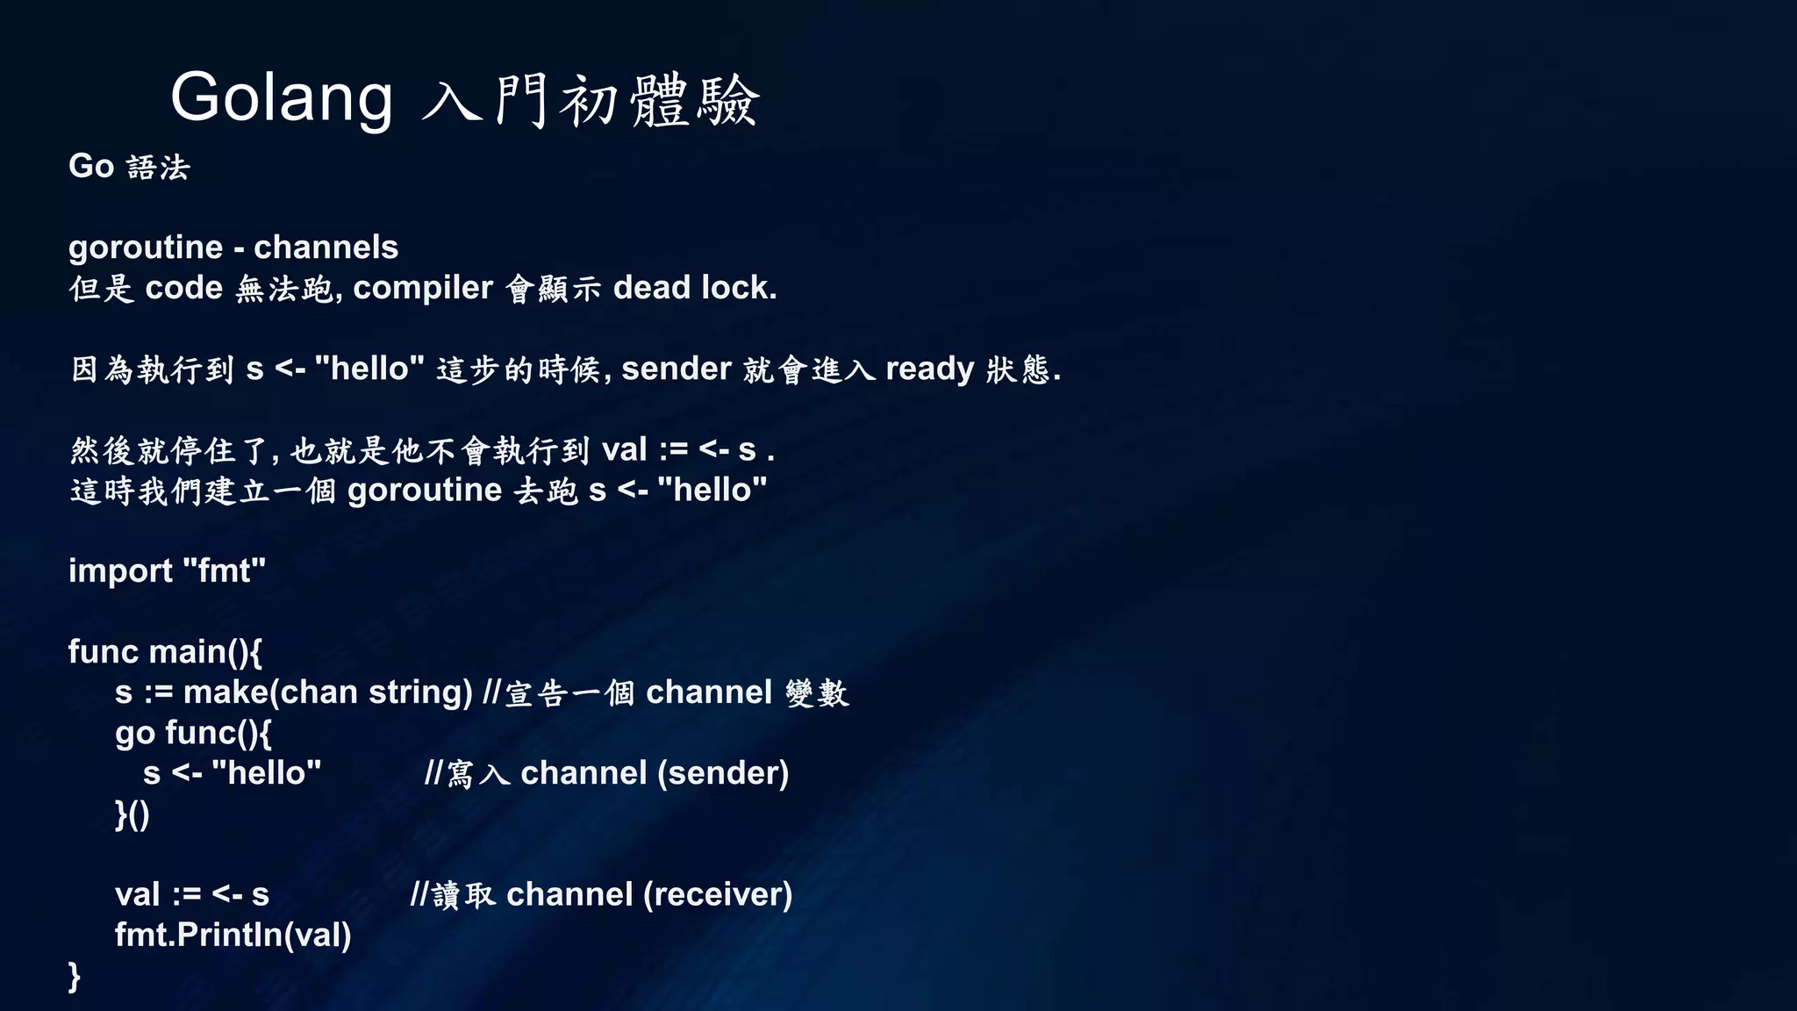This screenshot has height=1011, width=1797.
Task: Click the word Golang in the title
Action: click(x=282, y=98)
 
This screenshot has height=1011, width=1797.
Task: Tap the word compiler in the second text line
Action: click(x=423, y=288)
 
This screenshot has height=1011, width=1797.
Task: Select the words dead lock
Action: click(x=695, y=288)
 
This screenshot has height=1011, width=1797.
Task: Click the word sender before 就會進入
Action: click(x=677, y=369)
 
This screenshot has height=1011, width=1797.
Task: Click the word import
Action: click(x=120, y=570)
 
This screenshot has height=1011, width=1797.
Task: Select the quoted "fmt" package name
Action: click(x=224, y=570)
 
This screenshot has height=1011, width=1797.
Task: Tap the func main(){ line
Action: click(x=165, y=651)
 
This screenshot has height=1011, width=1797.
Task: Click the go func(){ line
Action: click(x=193, y=733)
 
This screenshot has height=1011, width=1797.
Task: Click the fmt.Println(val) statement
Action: click(x=233, y=935)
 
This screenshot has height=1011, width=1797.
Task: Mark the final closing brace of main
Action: click(x=75, y=976)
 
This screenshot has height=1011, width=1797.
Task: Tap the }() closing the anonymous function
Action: click(x=132, y=814)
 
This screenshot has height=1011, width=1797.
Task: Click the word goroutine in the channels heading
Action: click(x=146, y=247)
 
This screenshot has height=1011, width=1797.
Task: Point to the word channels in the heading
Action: click(x=326, y=247)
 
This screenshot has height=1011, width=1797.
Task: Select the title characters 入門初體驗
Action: click(x=590, y=100)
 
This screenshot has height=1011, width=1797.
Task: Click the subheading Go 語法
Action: click(x=129, y=167)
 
